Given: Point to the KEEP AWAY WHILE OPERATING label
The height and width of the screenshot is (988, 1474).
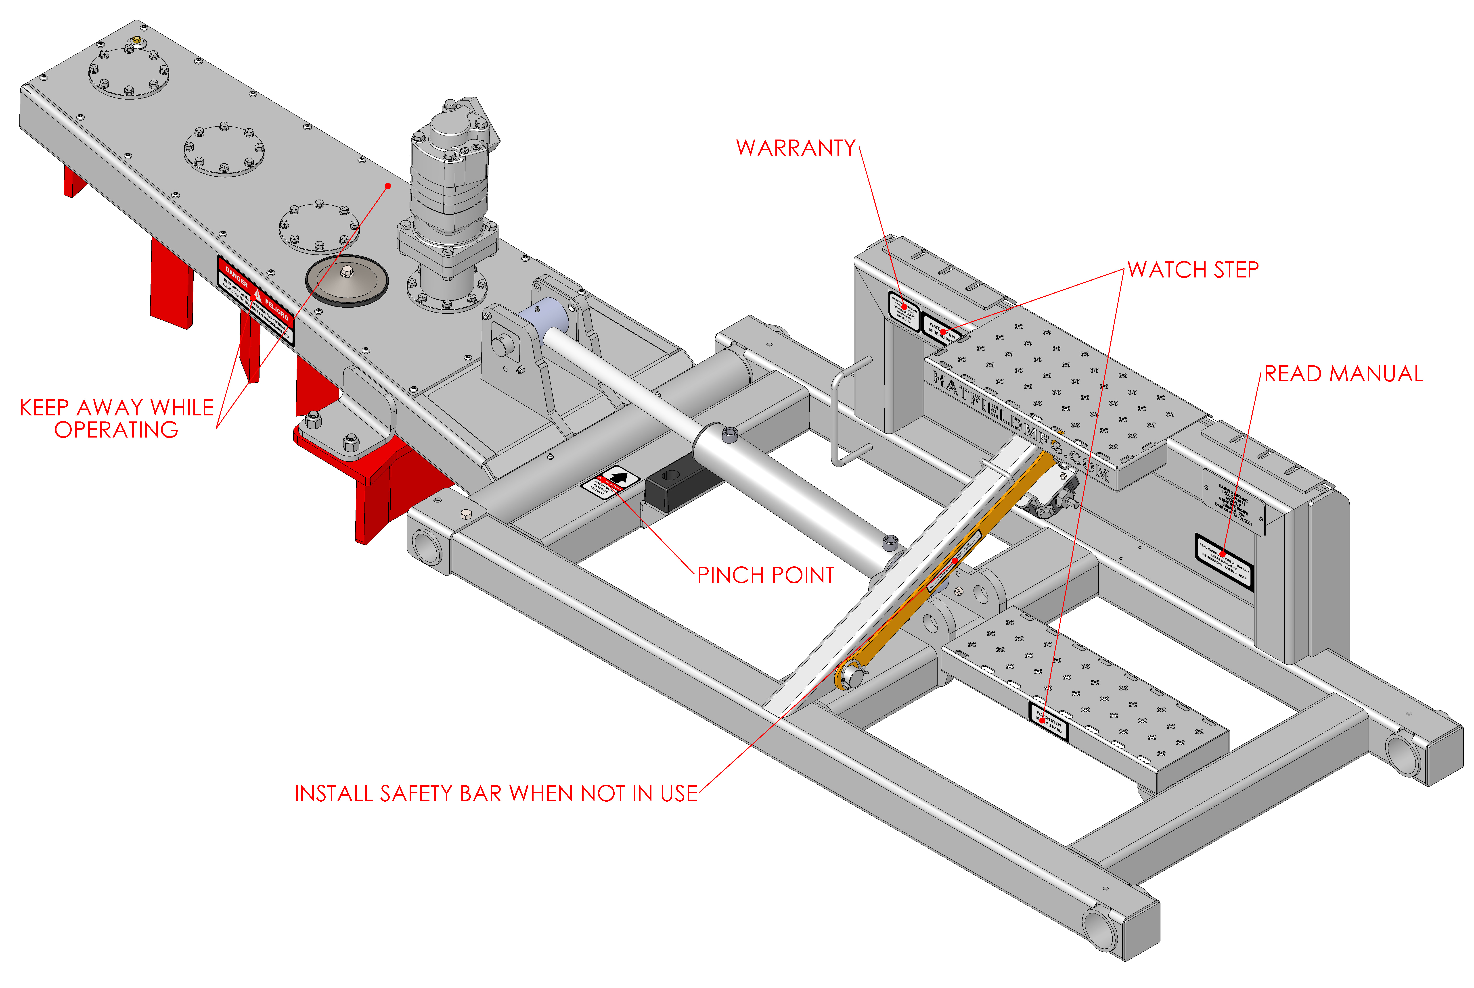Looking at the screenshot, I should point(117,418).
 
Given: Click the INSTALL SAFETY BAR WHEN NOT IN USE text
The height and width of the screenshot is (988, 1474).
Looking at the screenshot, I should point(496,793).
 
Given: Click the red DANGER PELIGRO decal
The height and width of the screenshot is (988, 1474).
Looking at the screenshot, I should point(255,300).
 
